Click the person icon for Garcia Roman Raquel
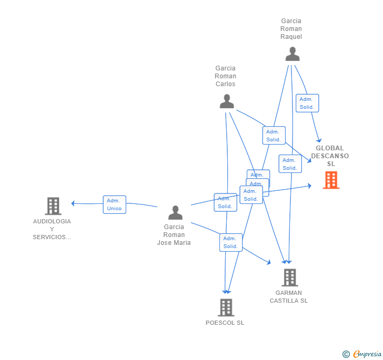[x=293, y=54]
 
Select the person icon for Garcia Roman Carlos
[x=227, y=101]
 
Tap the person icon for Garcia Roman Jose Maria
[x=175, y=213]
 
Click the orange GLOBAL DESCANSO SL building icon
[x=331, y=180]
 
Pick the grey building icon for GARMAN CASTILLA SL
[x=289, y=277]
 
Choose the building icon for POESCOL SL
[x=226, y=307]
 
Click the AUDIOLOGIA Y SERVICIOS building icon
[x=53, y=206]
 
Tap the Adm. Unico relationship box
[x=114, y=204]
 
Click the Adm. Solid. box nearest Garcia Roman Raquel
[x=307, y=103]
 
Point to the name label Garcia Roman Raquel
[x=291, y=29]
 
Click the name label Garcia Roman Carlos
[x=225, y=76]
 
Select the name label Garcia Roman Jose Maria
[x=174, y=235]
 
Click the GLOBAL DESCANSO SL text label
[x=330, y=156]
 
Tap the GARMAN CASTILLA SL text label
[x=288, y=297]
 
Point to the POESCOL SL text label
[x=225, y=323]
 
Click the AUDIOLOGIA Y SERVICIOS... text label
[x=52, y=229]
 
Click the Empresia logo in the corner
[x=367, y=354]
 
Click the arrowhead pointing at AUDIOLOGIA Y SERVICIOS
[x=74, y=203]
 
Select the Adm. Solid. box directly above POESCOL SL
[x=230, y=242]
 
